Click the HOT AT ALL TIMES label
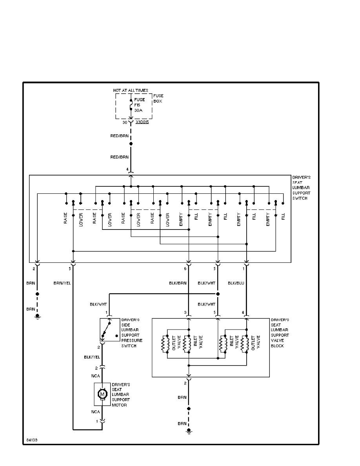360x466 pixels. pyautogui.click(x=131, y=91)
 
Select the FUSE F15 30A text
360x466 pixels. pyautogui.click(x=140, y=105)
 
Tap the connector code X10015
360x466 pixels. pyautogui.click(x=142, y=123)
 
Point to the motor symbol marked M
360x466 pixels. pyautogui.click(x=102, y=393)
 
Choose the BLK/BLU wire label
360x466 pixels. pyautogui.click(x=235, y=283)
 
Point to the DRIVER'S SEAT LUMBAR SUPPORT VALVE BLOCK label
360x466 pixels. pyautogui.click(x=280, y=333)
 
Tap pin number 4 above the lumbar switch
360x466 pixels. pyautogui.click(x=127, y=169)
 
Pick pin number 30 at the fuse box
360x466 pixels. pyautogui.click(x=125, y=123)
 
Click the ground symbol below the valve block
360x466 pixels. pyautogui.click(x=189, y=431)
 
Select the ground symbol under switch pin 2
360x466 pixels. pyautogui.click(x=37, y=317)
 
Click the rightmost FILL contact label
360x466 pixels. pyautogui.click(x=283, y=216)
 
